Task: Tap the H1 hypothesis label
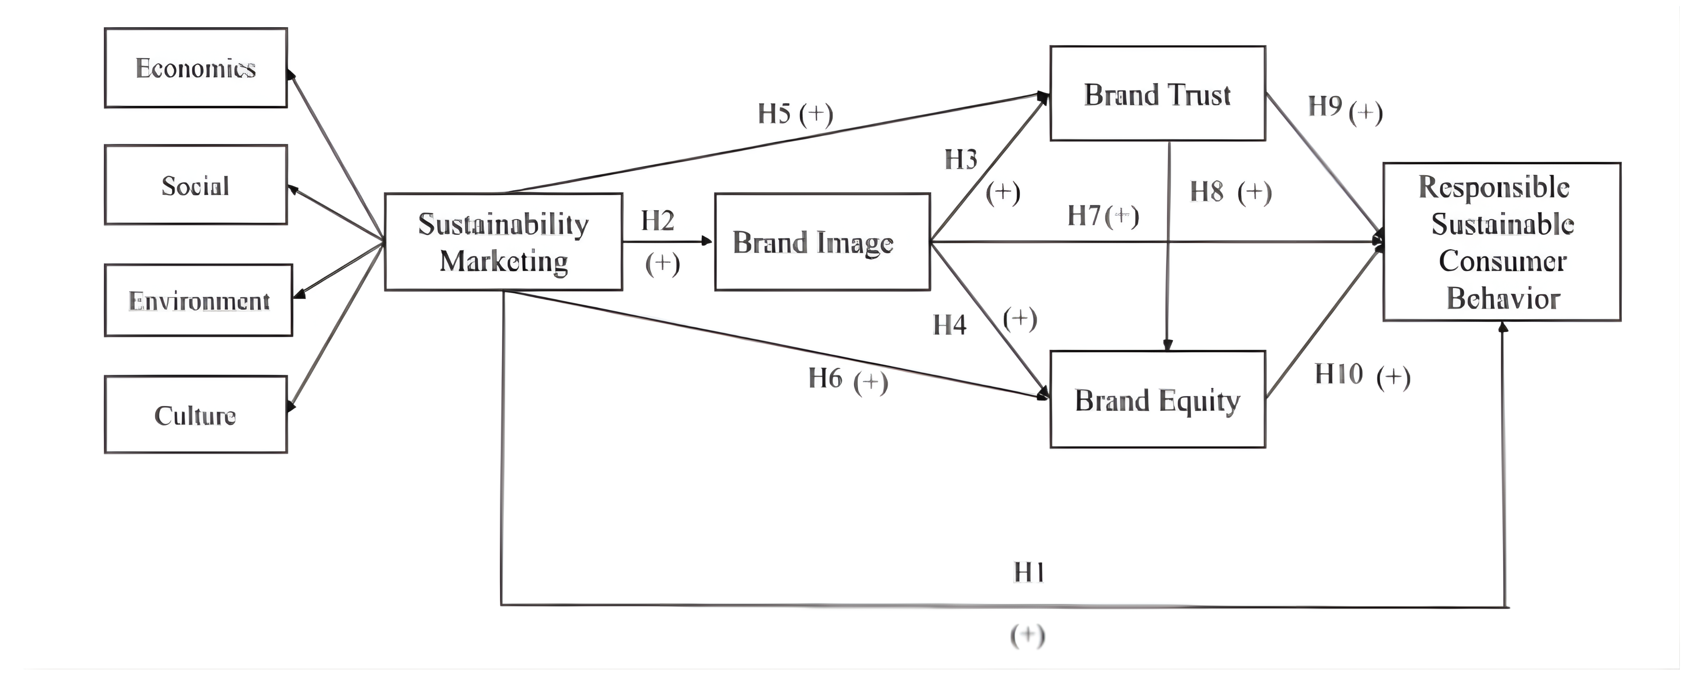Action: (1028, 572)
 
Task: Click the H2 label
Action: (658, 221)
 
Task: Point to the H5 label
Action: (774, 113)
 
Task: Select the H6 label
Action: (825, 378)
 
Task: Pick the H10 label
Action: (1339, 374)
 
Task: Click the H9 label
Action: (1325, 105)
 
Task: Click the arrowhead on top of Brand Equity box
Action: (1167, 345)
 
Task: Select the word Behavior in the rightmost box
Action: (1503, 298)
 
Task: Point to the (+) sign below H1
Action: (1028, 636)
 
